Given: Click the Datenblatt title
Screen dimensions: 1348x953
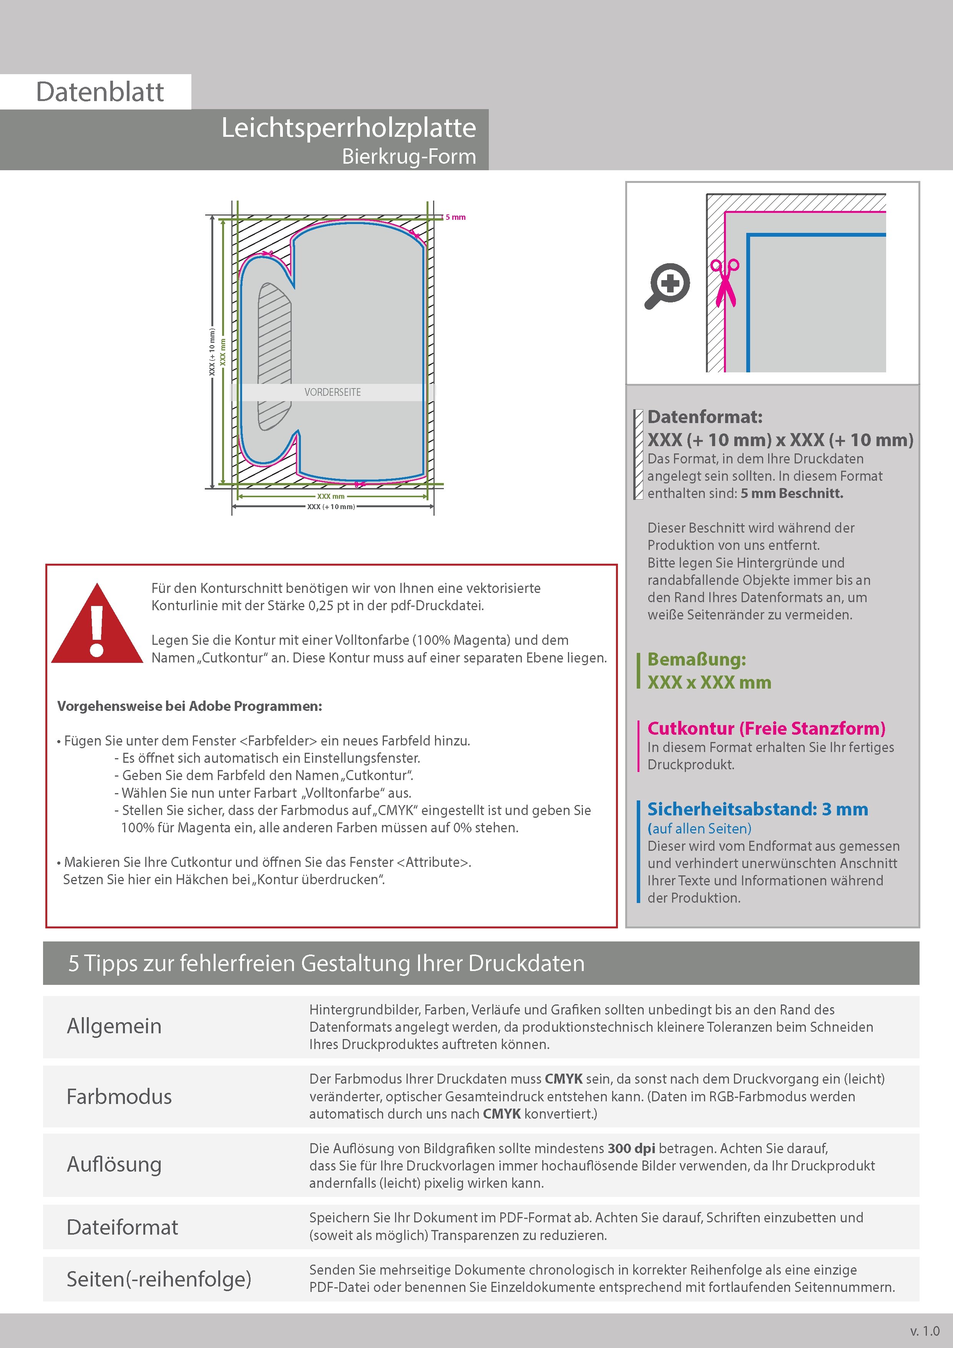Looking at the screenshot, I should click(100, 92).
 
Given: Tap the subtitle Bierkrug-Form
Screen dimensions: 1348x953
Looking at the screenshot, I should click(409, 157).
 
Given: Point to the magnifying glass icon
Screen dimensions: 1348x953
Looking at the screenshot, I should click(667, 286).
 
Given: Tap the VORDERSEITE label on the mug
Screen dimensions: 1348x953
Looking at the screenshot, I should click(332, 392).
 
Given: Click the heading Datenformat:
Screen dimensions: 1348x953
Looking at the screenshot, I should click(705, 417).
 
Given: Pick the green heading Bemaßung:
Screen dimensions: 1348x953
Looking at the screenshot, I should click(696, 659).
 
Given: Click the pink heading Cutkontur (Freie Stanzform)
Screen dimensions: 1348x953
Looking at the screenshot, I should click(766, 729).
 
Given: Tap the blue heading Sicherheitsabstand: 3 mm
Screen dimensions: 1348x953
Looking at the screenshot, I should click(757, 809).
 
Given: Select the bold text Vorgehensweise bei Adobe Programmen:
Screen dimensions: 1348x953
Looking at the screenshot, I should click(190, 706).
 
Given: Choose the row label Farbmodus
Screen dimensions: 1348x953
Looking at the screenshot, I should click(119, 1096).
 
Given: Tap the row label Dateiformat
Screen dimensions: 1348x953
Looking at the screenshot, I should click(122, 1227).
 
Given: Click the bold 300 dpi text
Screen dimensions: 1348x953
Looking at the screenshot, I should click(631, 1149).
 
